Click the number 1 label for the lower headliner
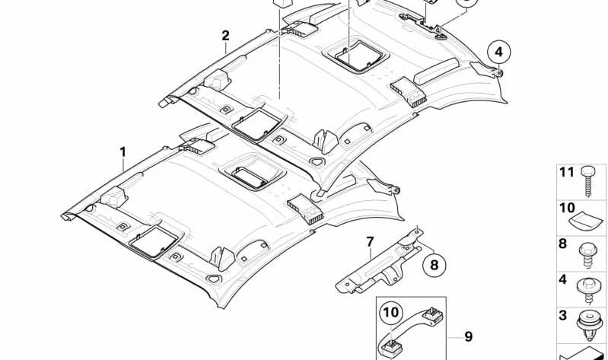123,152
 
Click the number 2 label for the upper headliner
226,36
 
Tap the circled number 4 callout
499,52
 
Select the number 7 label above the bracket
370,242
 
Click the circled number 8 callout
435,265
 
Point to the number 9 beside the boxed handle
469,336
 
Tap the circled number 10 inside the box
391,313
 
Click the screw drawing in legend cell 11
587,181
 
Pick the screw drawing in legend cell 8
587,255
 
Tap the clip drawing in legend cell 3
588,325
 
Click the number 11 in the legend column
566,172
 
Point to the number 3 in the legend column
562,315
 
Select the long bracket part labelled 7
379,262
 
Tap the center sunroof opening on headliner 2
355,56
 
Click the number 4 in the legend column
562,279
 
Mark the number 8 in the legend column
562,244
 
